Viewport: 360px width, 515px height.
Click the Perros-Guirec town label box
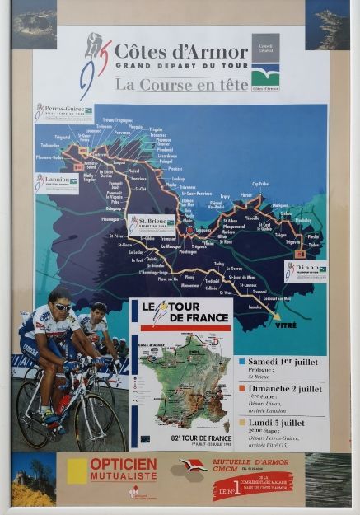[x=63, y=111]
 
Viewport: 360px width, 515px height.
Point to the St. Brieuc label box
[x=151, y=222]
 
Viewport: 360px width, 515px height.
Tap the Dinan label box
[x=305, y=269]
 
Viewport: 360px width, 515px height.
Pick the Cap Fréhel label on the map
[x=260, y=184]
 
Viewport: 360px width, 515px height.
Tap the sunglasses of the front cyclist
[x=63, y=307]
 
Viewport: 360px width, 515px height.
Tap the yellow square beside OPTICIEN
[x=77, y=470]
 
